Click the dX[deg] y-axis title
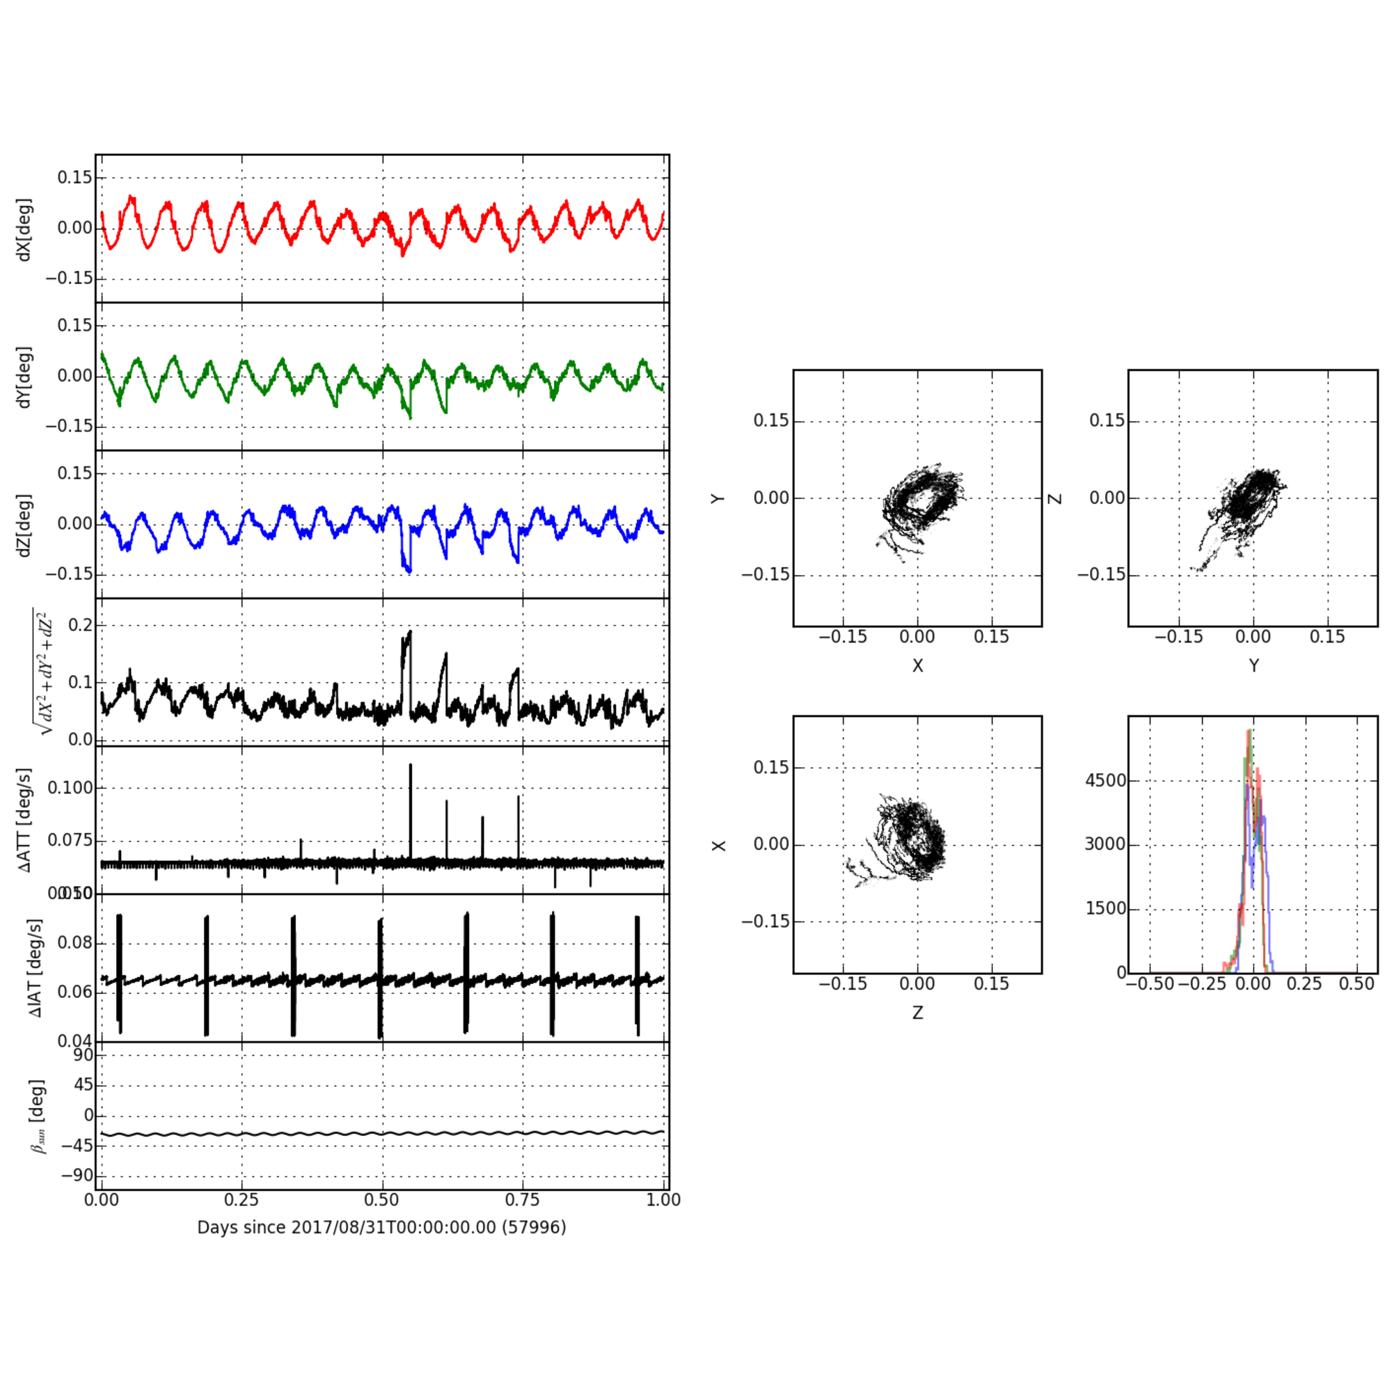[x=24, y=229]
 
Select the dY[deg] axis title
[x=24, y=377]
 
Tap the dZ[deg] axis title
[x=24, y=525]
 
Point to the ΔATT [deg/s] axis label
[x=24, y=820]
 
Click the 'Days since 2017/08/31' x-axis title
[x=381, y=1227]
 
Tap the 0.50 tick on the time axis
[x=381, y=1200]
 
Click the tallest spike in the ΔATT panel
[x=411, y=766]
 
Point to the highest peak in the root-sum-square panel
[x=410, y=632]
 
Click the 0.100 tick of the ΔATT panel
[x=70, y=787]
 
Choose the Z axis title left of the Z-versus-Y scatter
[x=1056, y=498]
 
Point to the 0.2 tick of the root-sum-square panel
[x=80, y=625]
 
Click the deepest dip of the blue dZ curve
[x=409, y=571]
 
